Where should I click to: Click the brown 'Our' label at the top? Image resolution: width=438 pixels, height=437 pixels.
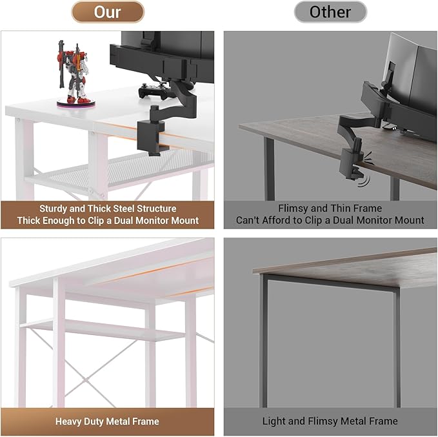(108, 12)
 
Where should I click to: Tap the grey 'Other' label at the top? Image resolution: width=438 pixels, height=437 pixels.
(330, 12)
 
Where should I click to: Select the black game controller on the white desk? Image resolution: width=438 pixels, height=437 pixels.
(153, 91)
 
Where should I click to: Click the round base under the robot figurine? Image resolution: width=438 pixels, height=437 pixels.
(76, 103)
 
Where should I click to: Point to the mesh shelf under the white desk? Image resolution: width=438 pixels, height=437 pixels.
(132, 170)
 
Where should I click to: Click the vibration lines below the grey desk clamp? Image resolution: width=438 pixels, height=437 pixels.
(364, 182)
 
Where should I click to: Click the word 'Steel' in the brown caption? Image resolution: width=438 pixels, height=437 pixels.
(121, 208)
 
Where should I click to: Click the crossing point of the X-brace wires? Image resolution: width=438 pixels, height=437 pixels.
(87, 380)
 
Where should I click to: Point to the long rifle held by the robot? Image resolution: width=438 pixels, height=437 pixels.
(61, 64)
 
